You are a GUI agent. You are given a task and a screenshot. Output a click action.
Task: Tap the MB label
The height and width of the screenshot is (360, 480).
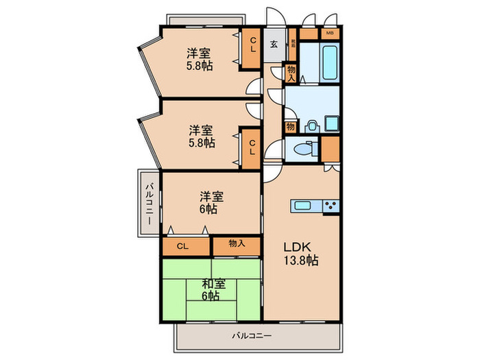[x=329, y=33]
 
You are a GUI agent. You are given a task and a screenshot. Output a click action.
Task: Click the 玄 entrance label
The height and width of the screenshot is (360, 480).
[x=273, y=45]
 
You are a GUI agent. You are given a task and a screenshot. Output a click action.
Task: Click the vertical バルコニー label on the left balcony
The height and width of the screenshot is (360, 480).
[x=149, y=203]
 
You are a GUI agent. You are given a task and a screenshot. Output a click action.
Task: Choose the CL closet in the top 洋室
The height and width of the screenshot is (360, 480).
[x=252, y=49]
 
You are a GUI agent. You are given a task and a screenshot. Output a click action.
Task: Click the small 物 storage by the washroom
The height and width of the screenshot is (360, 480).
[x=291, y=126]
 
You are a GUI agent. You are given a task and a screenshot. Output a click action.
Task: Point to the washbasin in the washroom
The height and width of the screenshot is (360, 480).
[x=311, y=125]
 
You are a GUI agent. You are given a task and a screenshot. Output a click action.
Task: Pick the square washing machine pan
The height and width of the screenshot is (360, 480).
[x=331, y=124]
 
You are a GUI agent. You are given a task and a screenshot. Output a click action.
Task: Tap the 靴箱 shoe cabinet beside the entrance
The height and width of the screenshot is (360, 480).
[x=292, y=44]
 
